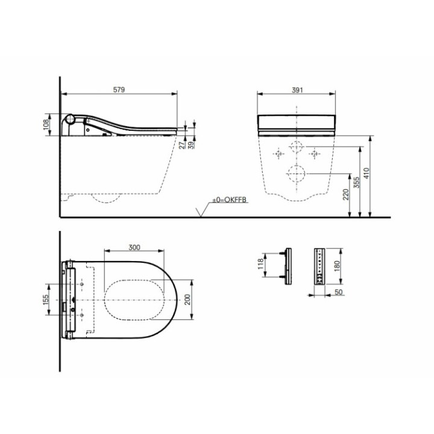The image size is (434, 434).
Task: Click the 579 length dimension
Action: point(119,90)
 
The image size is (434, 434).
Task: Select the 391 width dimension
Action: point(296,90)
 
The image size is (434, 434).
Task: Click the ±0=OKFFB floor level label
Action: point(229,200)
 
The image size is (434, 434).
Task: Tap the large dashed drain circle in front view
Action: point(296,174)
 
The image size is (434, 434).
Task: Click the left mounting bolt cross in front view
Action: point(278,154)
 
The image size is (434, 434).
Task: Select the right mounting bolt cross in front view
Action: point(314,154)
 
